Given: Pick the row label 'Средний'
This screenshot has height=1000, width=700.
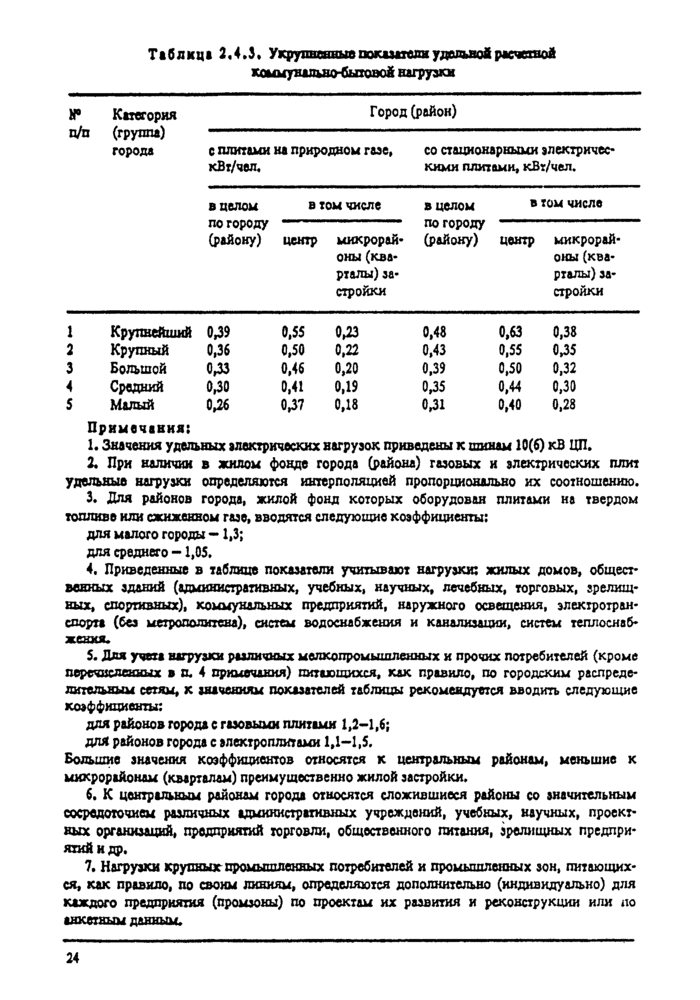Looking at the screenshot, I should pos(137,386).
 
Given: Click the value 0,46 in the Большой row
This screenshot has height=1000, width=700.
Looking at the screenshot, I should pos(292,368).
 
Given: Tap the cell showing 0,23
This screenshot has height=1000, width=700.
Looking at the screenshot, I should pos(347,332).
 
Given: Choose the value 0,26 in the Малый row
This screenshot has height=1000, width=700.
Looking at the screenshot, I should pos(218,404).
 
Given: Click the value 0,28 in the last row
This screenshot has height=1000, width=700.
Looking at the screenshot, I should pos(565,404).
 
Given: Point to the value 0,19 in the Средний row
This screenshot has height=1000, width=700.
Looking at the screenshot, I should pos(347,386).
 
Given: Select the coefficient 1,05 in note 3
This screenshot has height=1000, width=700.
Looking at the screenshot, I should pos(186,550).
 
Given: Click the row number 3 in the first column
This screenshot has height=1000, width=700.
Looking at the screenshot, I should pos(70,368).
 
